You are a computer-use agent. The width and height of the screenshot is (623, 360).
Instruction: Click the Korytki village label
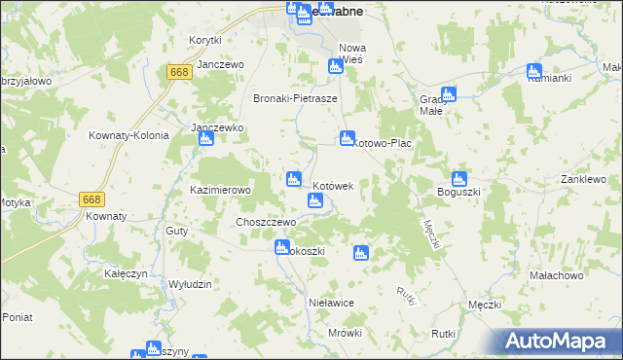(205, 40)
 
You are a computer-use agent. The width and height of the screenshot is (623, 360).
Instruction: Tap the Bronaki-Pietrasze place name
(295, 98)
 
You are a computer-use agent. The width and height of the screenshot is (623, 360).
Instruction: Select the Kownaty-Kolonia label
(128, 135)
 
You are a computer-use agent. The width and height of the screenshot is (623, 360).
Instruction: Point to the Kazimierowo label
(221, 190)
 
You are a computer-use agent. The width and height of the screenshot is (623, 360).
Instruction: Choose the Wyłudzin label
(190, 283)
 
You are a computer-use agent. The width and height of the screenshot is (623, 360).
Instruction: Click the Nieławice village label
(330, 303)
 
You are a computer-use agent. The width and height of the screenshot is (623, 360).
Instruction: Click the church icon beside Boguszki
(459, 179)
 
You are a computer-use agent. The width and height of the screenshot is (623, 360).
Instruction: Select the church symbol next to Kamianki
(533, 71)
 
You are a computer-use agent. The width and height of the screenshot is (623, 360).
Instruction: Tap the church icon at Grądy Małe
(449, 94)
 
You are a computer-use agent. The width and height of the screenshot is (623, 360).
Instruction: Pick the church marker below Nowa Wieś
(335, 67)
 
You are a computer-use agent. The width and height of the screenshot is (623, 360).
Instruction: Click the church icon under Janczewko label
(205, 139)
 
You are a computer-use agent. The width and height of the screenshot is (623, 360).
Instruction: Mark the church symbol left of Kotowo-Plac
(347, 139)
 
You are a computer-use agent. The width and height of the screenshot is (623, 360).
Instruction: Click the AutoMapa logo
(559, 342)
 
